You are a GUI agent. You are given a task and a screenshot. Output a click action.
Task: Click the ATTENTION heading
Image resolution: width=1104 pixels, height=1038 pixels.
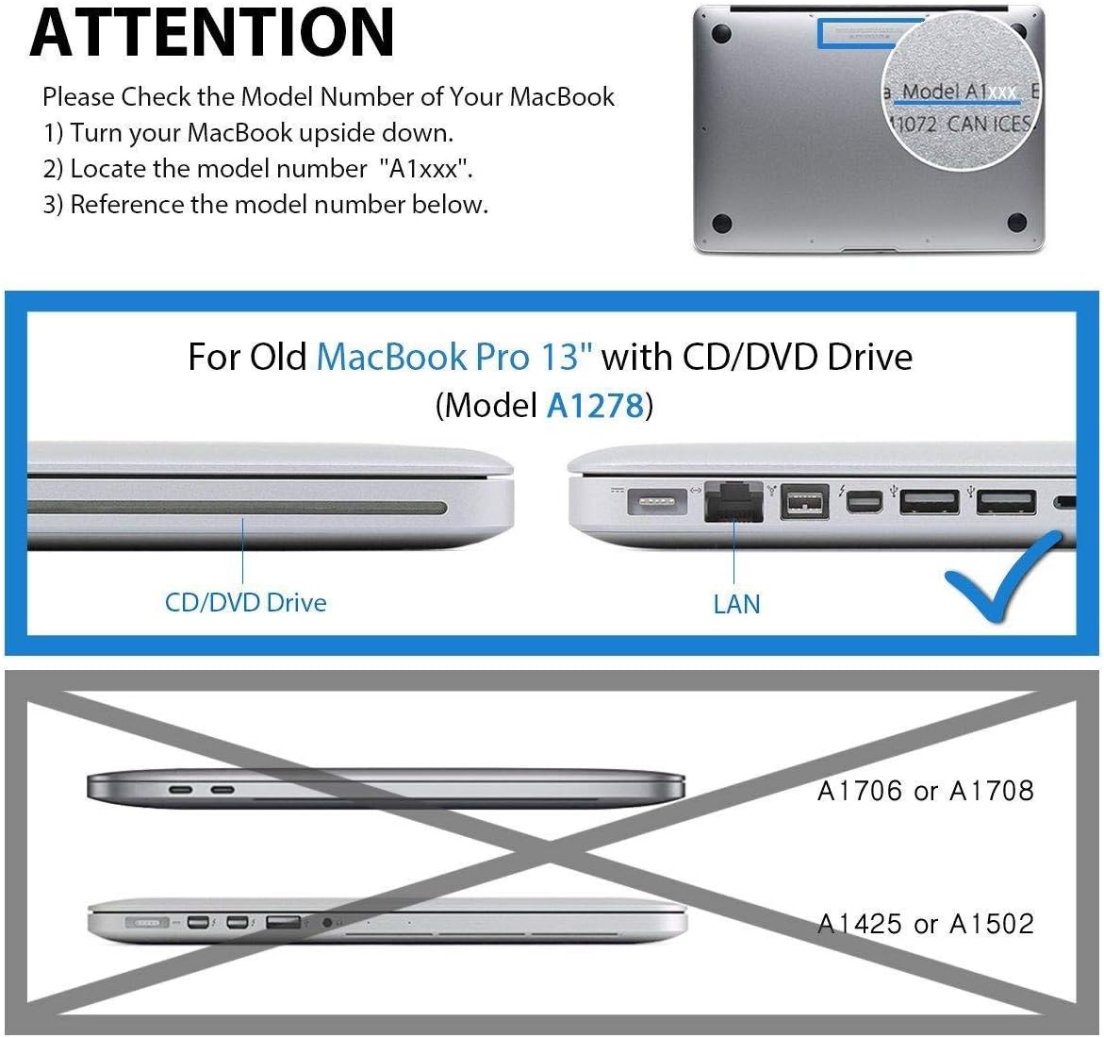click(212, 32)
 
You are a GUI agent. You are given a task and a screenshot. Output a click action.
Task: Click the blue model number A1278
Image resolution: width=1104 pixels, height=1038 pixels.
click(595, 405)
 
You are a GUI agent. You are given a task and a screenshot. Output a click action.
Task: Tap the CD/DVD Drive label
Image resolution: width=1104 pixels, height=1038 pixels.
click(246, 602)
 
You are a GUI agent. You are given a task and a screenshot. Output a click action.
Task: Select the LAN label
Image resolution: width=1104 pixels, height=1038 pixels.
click(736, 603)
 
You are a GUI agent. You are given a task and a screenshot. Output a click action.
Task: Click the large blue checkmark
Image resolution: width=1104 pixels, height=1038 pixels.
click(1005, 575)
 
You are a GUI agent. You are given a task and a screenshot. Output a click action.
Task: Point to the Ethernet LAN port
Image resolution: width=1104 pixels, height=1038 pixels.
click(733, 501)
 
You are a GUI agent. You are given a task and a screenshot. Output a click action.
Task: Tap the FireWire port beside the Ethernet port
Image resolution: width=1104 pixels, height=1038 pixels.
click(804, 502)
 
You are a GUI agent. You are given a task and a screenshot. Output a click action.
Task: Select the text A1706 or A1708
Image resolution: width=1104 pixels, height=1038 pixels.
click(925, 791)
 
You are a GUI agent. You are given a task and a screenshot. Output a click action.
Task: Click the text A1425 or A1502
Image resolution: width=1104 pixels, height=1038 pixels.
click(925, 923)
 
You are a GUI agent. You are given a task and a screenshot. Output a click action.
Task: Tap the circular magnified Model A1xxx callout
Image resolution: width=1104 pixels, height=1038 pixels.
click(960, 104)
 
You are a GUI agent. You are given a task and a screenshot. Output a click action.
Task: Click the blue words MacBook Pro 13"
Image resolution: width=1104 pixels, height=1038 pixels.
click(456, 357)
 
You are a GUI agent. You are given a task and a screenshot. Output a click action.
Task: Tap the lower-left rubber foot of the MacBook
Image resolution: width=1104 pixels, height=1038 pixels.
click(722, 224)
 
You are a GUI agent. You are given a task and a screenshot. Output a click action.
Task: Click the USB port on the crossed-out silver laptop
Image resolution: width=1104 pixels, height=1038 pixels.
click(284, 921)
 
